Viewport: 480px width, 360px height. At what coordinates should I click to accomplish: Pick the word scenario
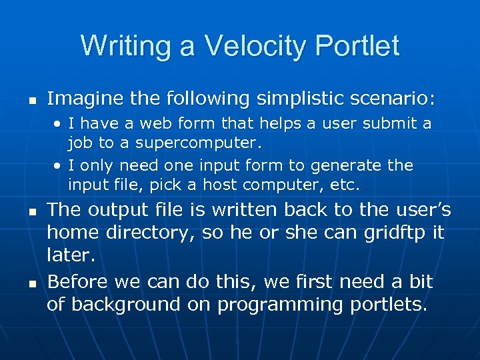point(393,99)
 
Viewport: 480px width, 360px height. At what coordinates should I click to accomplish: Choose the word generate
point(351,165)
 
